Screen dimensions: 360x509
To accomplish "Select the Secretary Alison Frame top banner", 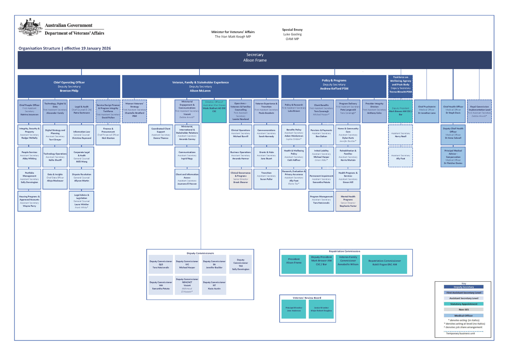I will tap(254, 60).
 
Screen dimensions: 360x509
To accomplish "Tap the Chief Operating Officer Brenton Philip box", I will tap(69, 87).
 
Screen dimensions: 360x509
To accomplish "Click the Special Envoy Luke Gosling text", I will tap(292, 34).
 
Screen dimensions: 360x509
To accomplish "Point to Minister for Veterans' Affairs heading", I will tap(233, 32).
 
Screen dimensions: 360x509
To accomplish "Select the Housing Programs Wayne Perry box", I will tap(29, 201).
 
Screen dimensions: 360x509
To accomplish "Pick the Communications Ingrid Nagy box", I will tap(187, 156).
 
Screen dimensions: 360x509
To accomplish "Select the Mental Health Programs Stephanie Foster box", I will tap(348, 201).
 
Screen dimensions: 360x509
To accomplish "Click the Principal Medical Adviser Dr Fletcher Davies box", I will tap(453, 156).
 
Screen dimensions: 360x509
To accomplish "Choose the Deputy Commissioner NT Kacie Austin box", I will tap(214, 285).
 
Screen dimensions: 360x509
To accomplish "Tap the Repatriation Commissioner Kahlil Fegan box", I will tap(385, 264).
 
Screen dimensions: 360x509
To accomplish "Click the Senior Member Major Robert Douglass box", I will tap(321, 309).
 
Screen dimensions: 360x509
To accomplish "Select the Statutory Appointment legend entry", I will tap(464, 304).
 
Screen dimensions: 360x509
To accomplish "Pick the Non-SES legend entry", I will tap(464, 309).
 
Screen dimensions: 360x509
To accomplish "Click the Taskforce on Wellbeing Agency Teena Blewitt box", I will tap(401, 85).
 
